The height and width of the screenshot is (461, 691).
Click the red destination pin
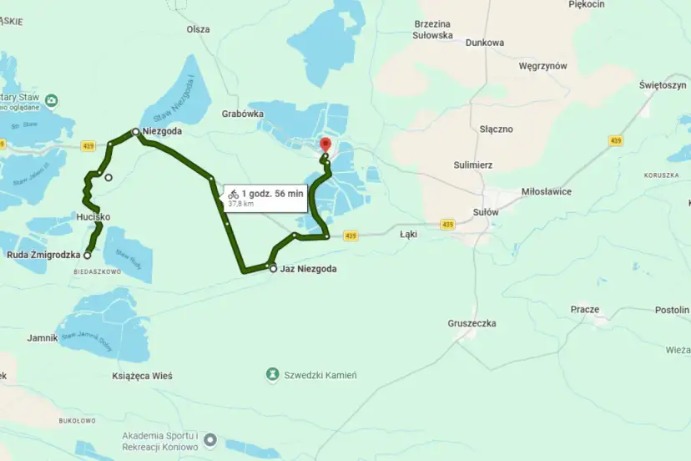click(x=325, y=145)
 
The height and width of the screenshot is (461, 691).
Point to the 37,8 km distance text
click(x=241, y=203)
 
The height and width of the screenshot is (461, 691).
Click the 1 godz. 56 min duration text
click(x=273, y=193)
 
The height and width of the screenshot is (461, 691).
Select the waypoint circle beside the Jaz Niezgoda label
click(x=272, y=268)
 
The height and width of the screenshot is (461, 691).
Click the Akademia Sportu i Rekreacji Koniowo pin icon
click(x=210, y=438)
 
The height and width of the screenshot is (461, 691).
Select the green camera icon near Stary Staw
click(x=52, y=101)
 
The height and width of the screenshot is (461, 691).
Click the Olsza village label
click(x=198, y=29)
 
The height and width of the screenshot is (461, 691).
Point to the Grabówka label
click(x=243, y=114)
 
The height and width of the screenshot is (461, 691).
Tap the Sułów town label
click(x=485, y=212)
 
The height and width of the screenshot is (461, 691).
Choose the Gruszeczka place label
click(x=472, y=322)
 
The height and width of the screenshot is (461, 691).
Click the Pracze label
click(x=584, y=310)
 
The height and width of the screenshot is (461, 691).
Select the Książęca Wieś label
click(x=142, y=376)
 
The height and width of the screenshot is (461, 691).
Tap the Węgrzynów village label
click(x=542, y=66)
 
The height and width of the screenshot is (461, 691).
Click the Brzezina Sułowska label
click(x=433, y=30)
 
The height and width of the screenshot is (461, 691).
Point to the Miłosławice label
click(x=546, y=191)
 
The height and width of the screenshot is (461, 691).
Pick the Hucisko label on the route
click(x=93, y=217)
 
